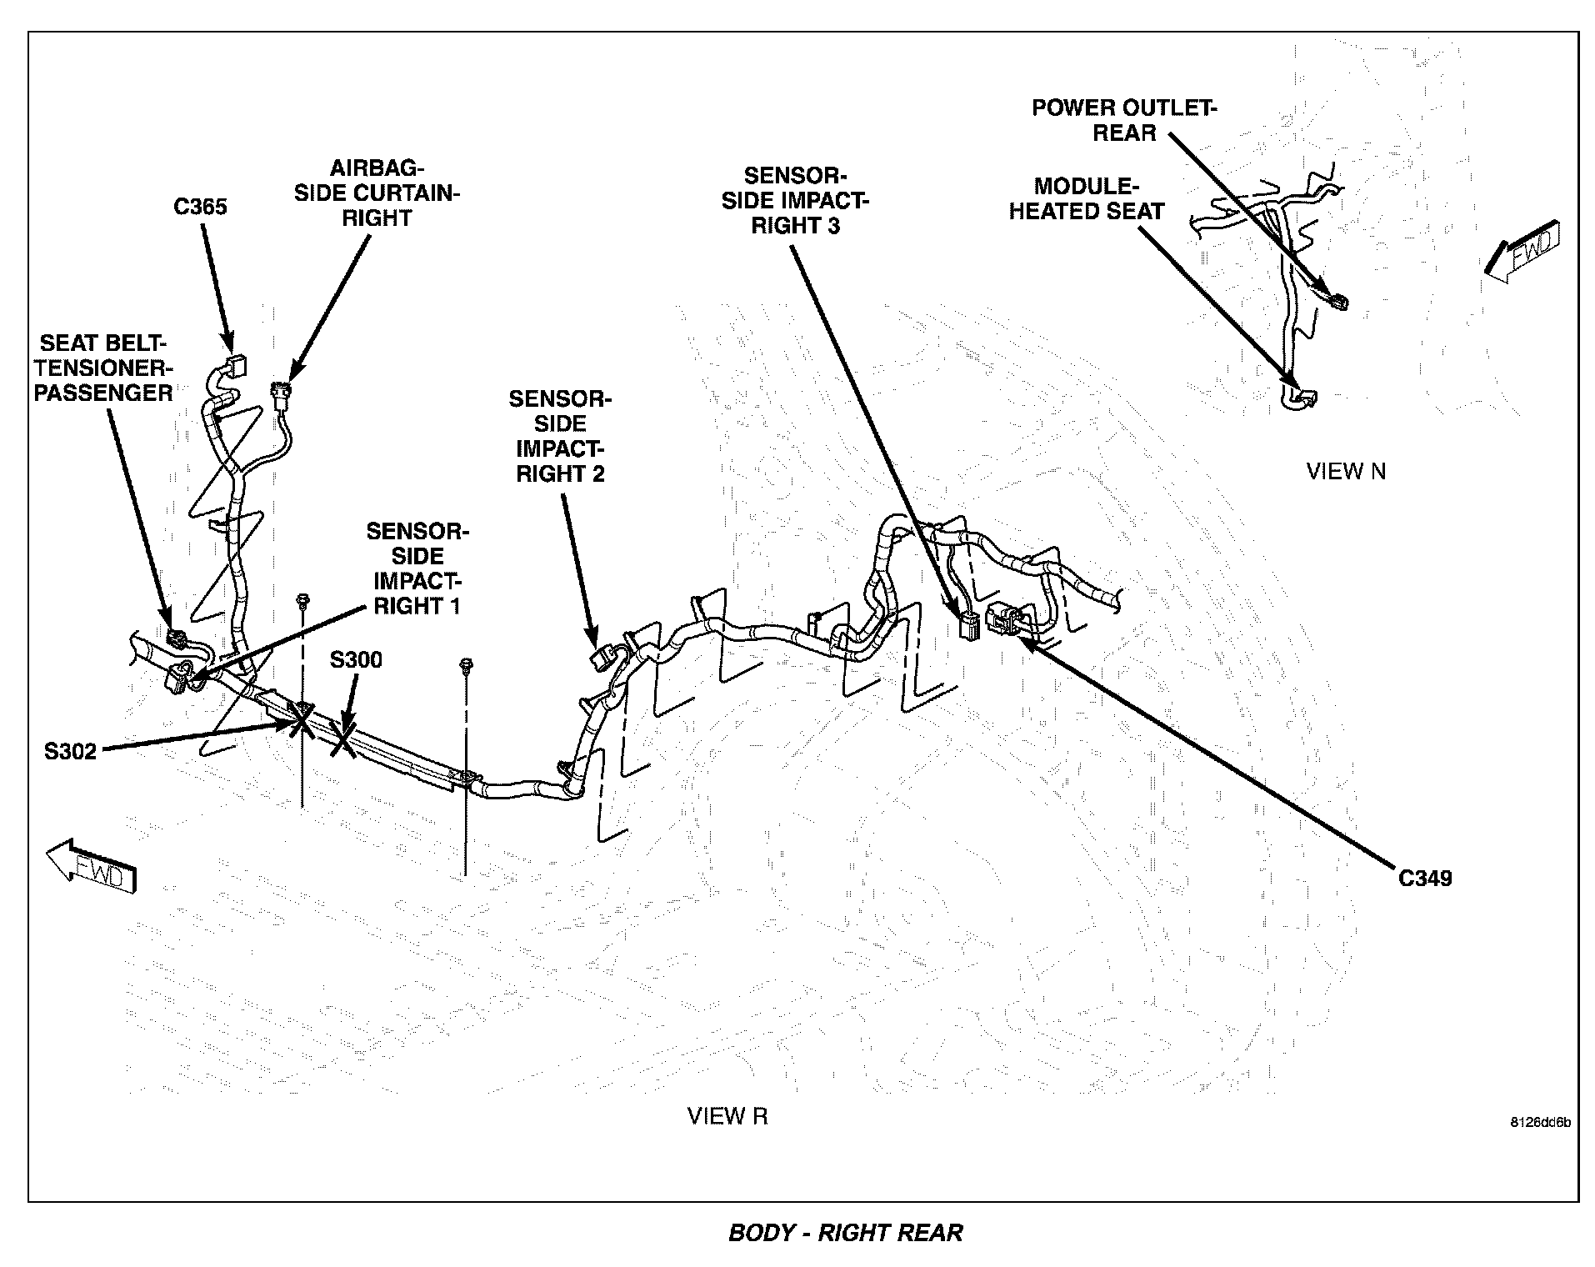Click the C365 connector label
(200, 207)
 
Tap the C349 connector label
(1424, 878)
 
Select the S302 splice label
(71, 751)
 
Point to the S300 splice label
(356, 660)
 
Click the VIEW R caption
(727, 1116)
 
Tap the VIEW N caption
(1346, 472)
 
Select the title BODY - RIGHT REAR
(845, 1233)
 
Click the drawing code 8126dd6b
(1540, 1122)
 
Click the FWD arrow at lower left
(90, 868)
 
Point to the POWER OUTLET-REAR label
(1124, 120)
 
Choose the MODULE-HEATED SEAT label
(1086, 198)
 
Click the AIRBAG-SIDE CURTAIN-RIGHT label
(377, 193)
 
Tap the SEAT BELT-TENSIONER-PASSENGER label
(103, 368)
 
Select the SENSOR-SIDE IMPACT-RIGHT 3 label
(795, 201)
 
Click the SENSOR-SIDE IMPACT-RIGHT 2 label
(560, 437)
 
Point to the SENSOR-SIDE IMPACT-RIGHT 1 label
(417, 568)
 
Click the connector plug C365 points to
(237, 366)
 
